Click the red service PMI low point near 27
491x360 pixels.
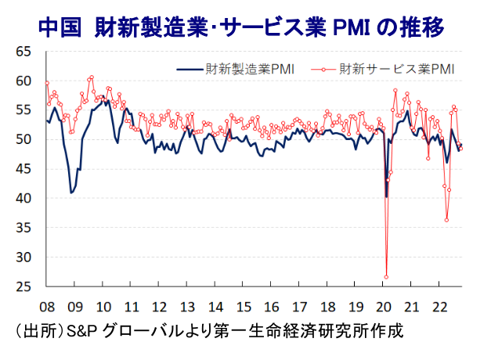coord(386,276)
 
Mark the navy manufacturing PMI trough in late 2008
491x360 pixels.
coord(72,192)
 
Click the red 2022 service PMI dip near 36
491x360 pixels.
coord(447,220)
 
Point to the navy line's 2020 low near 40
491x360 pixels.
coord(386,196)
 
